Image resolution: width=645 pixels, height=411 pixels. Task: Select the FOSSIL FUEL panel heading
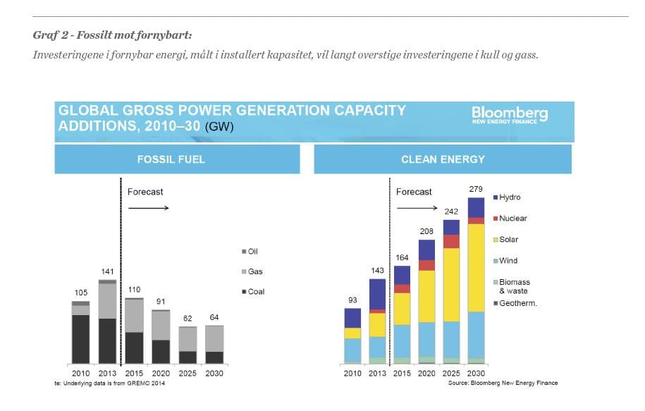coord(171,159)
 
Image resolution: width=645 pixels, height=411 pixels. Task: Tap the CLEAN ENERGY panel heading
coord(443,159)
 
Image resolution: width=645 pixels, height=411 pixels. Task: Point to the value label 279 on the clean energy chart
coord(476,189)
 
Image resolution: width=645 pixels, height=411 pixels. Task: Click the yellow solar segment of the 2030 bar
coord(477,268)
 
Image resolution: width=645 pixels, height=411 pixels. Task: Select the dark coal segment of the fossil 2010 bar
coord(80,338)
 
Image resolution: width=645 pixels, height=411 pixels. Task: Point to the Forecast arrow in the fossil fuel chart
coord(148,208)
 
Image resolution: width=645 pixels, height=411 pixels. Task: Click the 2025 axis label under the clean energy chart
coord(450,373)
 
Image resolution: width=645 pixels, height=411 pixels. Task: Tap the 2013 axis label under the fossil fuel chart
coord(107,373)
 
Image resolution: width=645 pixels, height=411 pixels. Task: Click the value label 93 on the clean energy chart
coord(352,300)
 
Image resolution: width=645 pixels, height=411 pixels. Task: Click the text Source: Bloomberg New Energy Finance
coord(503,383)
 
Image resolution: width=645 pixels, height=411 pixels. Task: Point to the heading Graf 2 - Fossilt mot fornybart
coord(112,35)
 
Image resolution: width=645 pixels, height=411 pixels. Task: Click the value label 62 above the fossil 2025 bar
coord(187,318)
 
